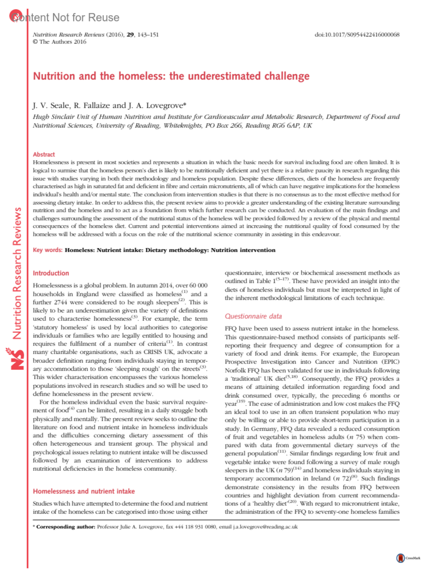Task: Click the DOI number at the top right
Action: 357,35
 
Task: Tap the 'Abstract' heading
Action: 44,154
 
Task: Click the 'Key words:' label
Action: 48,250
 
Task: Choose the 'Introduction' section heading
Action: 51,273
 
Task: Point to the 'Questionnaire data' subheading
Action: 253,316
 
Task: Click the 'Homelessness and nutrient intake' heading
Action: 84,491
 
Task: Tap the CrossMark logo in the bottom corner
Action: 401,558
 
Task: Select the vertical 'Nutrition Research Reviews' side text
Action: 17,274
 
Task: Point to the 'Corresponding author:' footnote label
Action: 66,527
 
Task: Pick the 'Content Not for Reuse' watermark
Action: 65,17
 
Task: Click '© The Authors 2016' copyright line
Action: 60,42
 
